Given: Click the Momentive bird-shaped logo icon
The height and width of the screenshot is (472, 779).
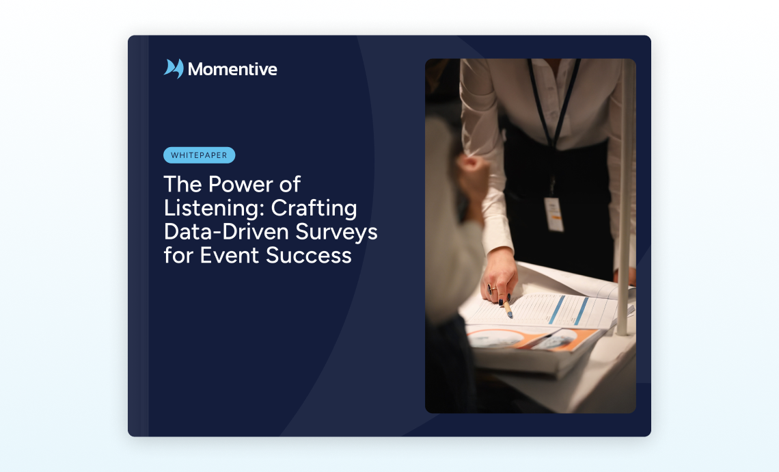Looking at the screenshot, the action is coord(174,68).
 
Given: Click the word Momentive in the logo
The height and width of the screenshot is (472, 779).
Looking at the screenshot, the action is coord(232,69).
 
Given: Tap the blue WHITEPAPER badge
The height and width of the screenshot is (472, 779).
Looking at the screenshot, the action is coord(200,155).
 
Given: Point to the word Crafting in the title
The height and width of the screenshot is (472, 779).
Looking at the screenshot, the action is coord(314,209).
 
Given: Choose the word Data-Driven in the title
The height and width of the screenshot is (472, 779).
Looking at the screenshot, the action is coord(227,231).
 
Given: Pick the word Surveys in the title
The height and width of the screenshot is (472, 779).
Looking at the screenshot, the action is coord(336,233).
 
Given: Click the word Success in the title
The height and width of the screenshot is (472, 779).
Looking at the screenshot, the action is coord(308,255).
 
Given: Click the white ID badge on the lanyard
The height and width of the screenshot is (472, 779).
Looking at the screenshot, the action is coord(554,214).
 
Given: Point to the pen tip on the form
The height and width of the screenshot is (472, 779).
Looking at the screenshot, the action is coord(510,315).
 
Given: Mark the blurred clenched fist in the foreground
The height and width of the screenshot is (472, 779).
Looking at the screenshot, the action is coord(474,176).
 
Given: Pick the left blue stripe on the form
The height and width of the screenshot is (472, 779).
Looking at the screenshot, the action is coord(556,309).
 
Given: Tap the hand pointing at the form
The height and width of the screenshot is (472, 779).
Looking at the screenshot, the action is coord(499,278).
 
